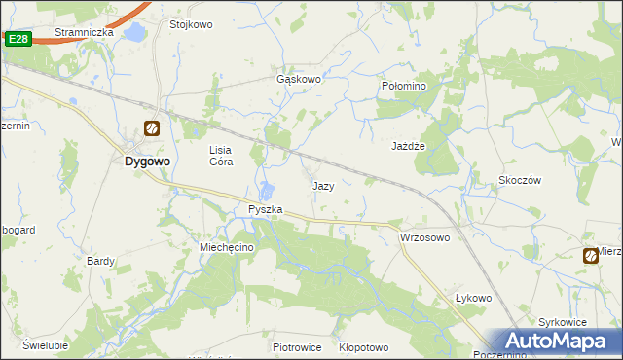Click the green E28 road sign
pyautogui.click(x=18, y=38)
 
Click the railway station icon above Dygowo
pyautogui.click(x=151, y=128)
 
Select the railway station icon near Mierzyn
pyautogui.click(x=591, y=256)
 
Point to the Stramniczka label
pyautogui.click(x=84, y=32)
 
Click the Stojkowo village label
pyautogui.click(x=191, y=24)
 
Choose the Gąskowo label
pyautogui.click(x=299, y=80)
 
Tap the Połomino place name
pyautogui.click(x=403, y=86)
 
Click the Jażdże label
pyautogui.click(x=410, y=145)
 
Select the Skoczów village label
pyautogui.click(x=519, y=180)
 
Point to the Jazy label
pyautogui.click(x=324, y=185)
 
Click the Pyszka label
pyautogui.click(x=265, y=209)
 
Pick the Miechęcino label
pyautogui.click(x=227, y=248)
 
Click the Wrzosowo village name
pyautogui.click(x=424, y=237)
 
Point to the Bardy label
pyautogui.click(x=101, y=261)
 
